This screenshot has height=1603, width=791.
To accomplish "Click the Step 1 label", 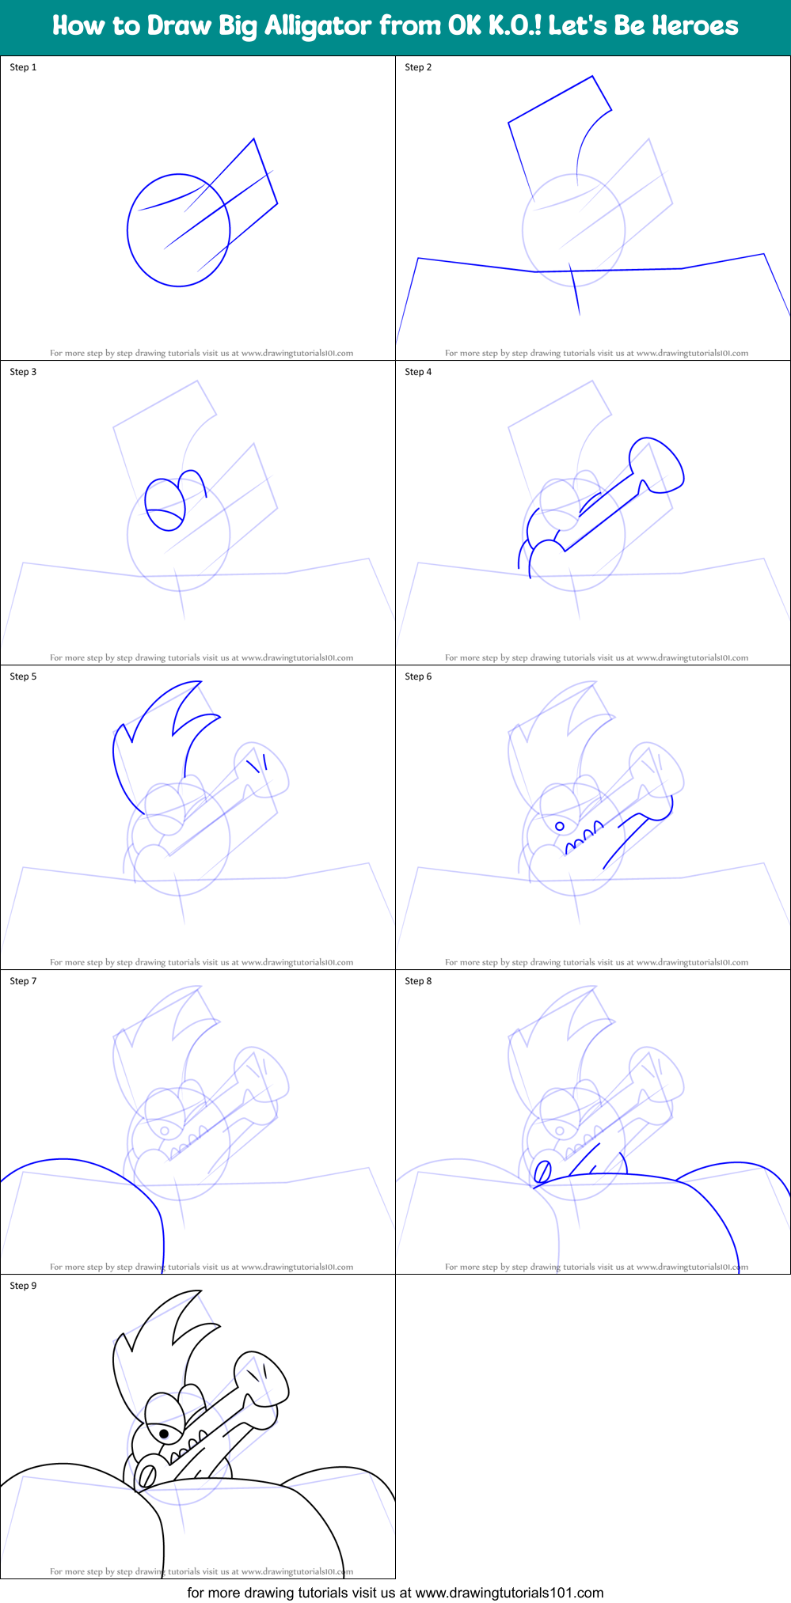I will click(x=23, y=67).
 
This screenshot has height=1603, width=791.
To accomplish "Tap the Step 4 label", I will click(x=418, y=372).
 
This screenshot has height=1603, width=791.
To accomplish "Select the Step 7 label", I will click(x=23, y=981).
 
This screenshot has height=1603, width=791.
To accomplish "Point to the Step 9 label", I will click(x=23, y=1286).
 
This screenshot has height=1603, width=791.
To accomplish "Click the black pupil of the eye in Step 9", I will click(x=164, y=1434).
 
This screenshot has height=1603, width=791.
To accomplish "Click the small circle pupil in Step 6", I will click(x=560, y=826).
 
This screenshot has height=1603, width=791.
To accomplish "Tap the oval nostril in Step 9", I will click(x=146, y=1476).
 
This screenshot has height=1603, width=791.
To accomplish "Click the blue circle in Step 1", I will click(x=128, y=229).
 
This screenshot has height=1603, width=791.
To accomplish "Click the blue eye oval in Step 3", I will click(x=165, y=504).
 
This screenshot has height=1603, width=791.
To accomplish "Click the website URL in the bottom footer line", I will click(x=509, y=1593).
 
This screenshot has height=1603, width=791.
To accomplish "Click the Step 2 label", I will click(x=418, y=67).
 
